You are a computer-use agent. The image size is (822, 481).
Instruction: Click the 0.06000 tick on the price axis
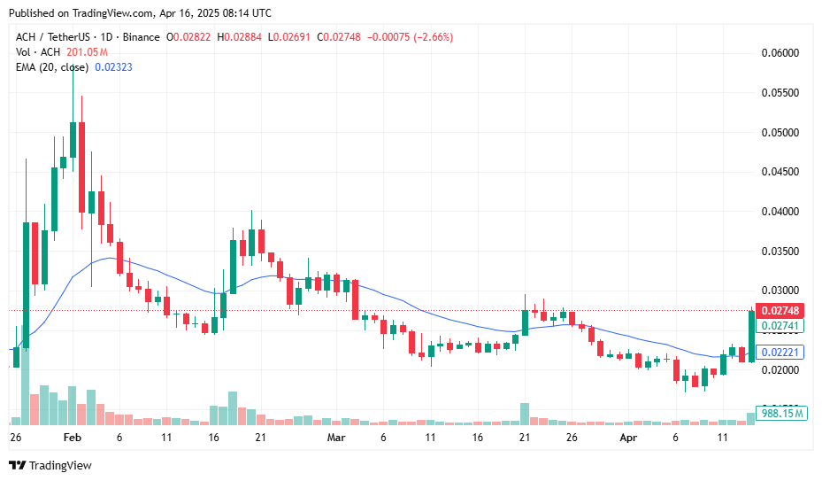781,53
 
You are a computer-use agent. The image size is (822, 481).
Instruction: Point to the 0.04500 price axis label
781,172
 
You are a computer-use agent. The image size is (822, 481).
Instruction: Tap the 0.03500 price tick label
781,252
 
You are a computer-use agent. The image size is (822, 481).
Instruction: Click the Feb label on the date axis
73,438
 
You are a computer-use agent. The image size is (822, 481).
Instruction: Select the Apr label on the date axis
628,438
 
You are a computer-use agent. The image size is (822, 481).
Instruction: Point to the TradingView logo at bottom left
50,465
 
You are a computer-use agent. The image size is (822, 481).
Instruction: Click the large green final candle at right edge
751,335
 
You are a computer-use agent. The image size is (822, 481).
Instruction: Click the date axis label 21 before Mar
260,438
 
